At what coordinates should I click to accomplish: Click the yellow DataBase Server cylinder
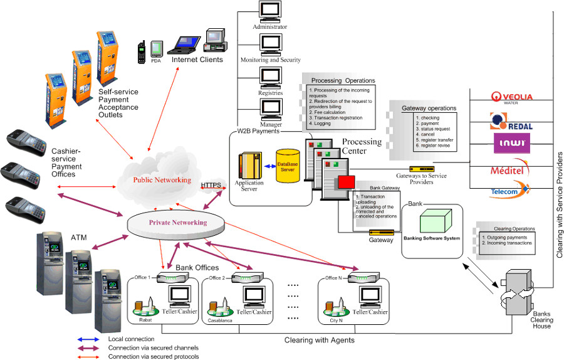pos(288,166)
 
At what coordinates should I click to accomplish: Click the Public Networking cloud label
pos(162,180)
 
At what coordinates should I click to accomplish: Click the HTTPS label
pos(212,185)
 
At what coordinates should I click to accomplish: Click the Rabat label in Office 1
pos(145,319)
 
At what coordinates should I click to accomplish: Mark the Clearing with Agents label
pos(320,340)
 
